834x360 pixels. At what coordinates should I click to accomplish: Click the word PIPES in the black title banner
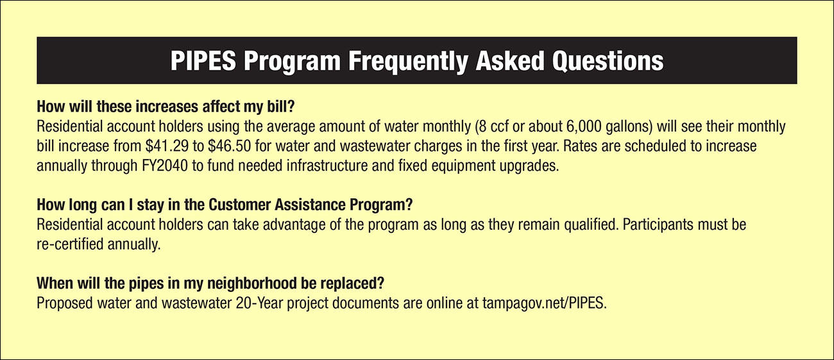pos(203,61)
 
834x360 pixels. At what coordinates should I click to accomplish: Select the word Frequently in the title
pos(408,62)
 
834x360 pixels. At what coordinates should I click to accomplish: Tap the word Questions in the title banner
pos(608,62)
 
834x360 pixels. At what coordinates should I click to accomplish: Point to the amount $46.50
pos(230,146)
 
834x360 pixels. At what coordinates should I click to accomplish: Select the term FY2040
pos(165,166)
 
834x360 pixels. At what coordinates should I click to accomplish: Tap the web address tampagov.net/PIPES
pos(544,304)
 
